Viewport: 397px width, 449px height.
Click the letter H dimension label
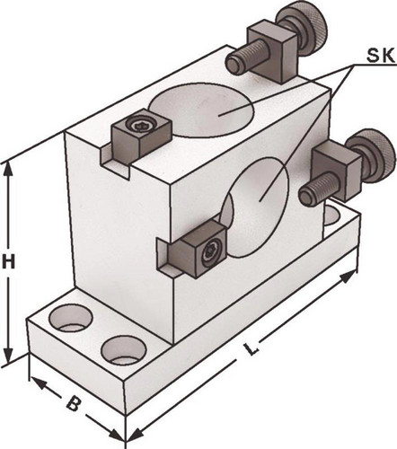[x=8, y=262]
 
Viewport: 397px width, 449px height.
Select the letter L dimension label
[x=251, y=348]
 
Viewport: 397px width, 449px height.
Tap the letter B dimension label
[x=73, y=403]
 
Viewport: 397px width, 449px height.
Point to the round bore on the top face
[x=201, y=110]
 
